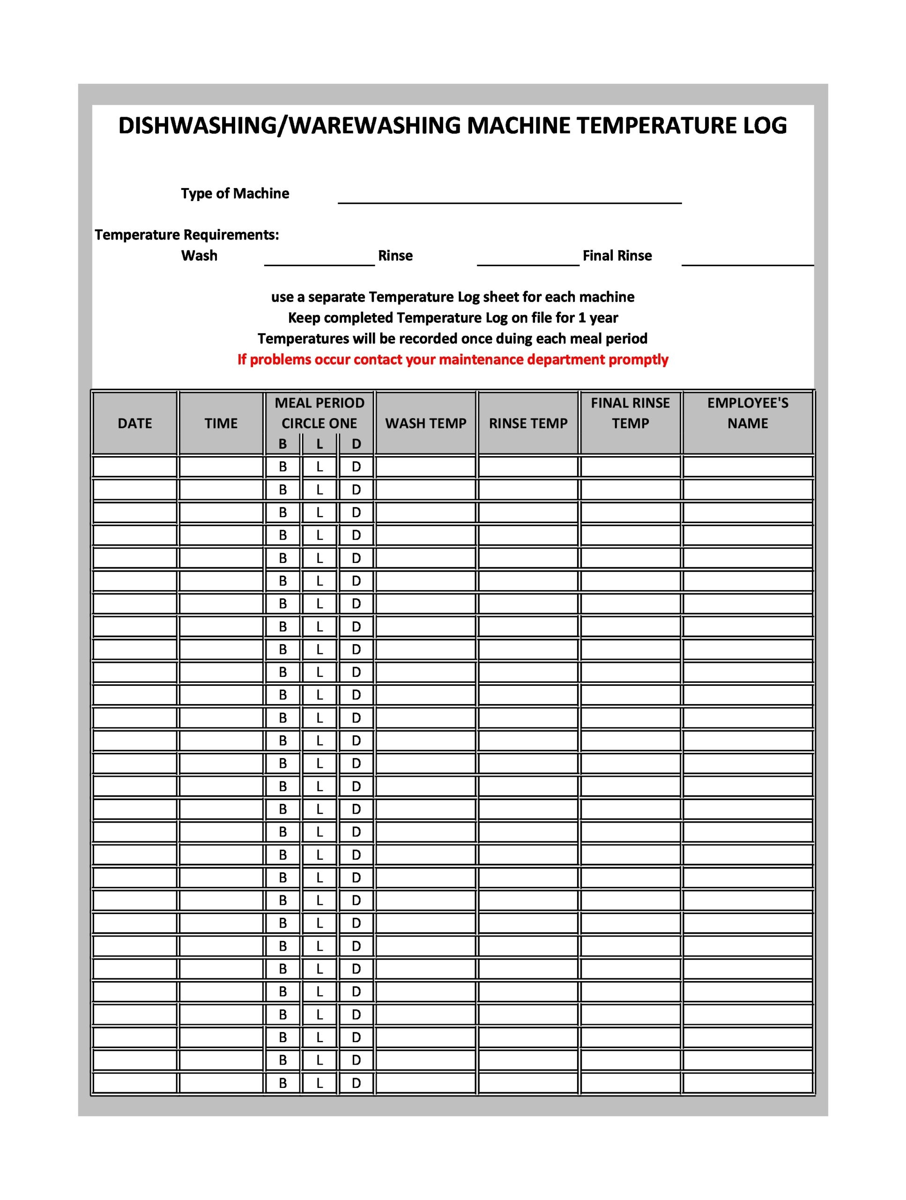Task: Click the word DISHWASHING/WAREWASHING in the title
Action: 290,126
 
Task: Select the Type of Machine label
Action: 235,194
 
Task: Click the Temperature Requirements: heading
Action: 187,235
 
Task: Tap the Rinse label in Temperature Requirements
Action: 395,255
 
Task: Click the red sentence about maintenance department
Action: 453,360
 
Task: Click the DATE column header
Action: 135,423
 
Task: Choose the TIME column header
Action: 221,423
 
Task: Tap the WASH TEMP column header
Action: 426,423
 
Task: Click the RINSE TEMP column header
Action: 528,423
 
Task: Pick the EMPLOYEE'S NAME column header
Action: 748,413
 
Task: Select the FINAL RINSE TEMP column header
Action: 630,413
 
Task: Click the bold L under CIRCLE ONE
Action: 319,444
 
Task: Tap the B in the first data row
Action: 282,466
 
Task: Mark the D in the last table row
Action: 356,1083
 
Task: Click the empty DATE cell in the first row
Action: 135,466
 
